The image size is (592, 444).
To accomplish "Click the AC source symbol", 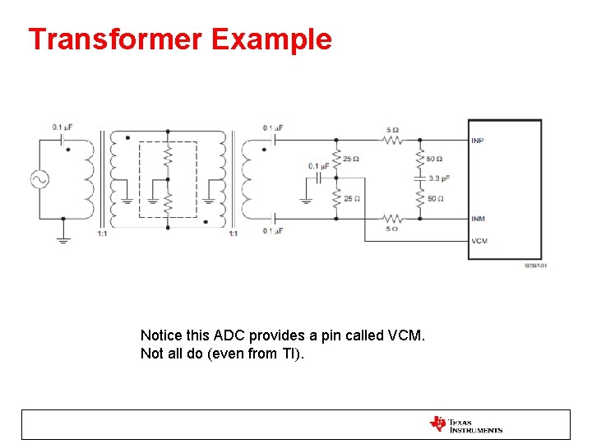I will (39, 179).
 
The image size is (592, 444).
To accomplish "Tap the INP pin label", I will (478, 141).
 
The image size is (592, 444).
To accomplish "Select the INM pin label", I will (478, 219).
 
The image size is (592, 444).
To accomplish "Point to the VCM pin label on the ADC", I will (479, 241).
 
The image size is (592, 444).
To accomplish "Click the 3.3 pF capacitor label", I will (440, 178).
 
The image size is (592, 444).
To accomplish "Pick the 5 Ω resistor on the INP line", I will (393, 140).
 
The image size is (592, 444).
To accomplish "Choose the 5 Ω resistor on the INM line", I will (393, 219).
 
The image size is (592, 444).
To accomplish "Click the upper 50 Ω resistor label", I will (436, 159).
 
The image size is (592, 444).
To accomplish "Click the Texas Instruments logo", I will (465, 424).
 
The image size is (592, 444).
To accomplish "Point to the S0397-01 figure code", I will (535, 266).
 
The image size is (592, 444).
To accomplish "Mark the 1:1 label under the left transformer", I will (101, 234).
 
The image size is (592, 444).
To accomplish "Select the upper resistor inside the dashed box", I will (168, 155).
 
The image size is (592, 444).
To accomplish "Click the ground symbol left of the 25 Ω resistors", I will (305, 198).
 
